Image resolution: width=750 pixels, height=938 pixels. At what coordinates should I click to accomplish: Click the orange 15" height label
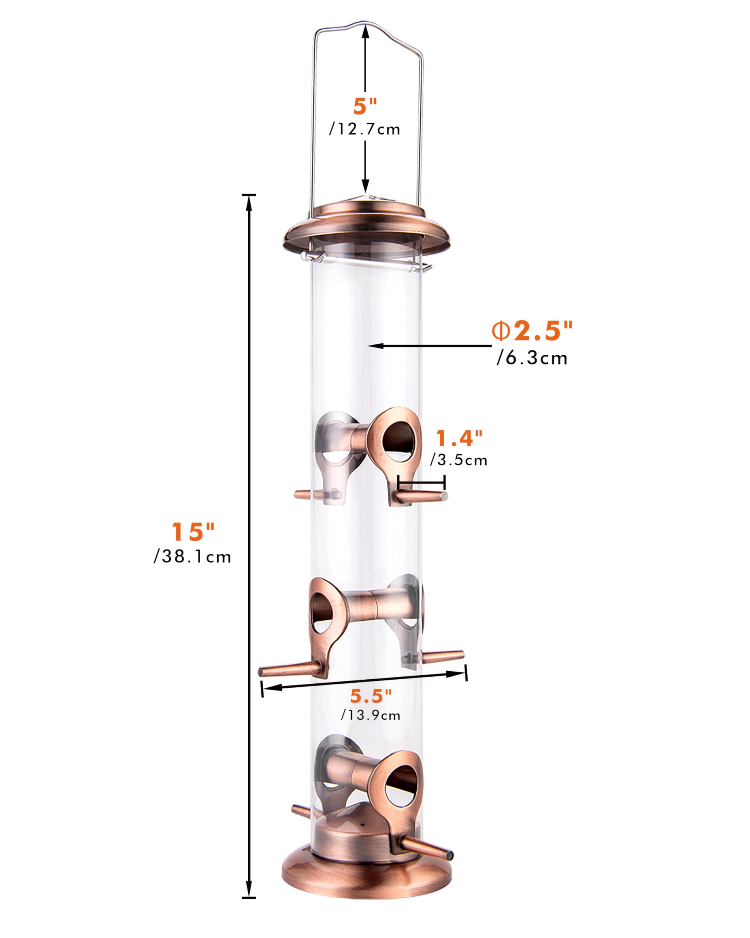[x=193, y=532]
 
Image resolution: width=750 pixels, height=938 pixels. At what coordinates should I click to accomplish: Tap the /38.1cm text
[x=193, y=557]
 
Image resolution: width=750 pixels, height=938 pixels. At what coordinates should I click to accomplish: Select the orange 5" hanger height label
[x=365, y=107]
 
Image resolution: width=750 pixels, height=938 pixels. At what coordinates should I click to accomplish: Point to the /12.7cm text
[x=365, y=130]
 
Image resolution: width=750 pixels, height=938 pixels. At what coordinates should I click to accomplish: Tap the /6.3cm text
[x=532, y=358]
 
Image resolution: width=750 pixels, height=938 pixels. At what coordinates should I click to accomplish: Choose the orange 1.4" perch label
[x=459, y=438]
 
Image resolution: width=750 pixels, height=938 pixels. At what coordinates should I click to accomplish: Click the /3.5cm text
[x=459, y=460]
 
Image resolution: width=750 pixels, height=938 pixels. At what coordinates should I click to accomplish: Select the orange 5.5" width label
[x=371, y=696]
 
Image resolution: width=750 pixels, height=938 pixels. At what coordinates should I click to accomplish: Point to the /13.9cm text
[x=371, y=715]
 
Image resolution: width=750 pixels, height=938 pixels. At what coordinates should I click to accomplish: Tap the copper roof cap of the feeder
[x=367, y=230]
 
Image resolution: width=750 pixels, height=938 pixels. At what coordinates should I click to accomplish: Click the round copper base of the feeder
[x=366, y=875]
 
